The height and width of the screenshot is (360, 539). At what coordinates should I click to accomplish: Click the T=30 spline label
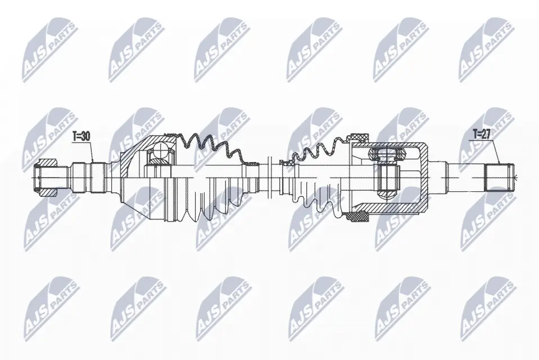pyautogui.click(x=81, y=136)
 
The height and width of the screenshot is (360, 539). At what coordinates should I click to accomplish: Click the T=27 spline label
pyautogui.click(x=481, y=134)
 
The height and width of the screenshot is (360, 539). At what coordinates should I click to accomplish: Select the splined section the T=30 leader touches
pyautogui.click(x=97, y=178)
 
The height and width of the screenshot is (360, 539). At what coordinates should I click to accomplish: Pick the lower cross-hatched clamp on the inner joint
pyautogui.click(x=357, y=217)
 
